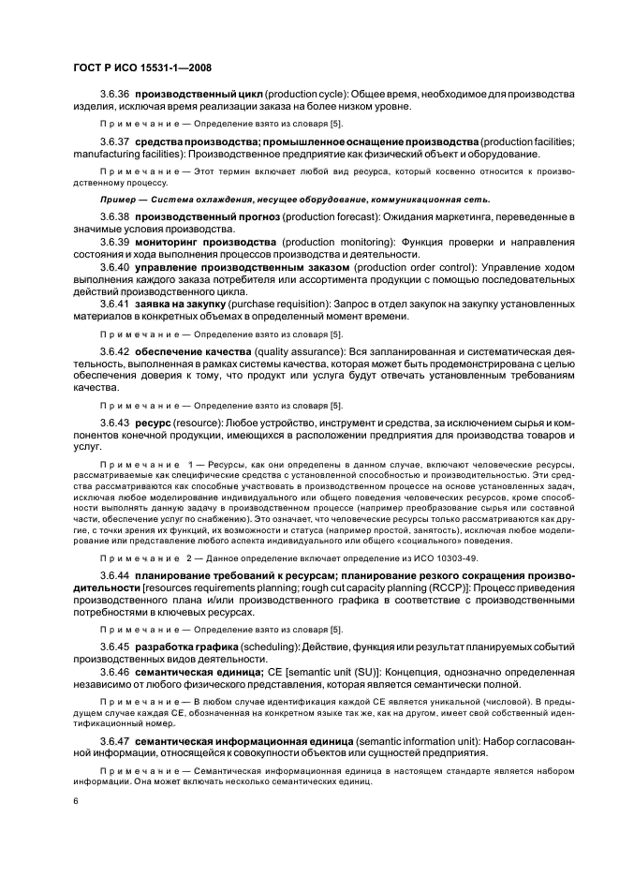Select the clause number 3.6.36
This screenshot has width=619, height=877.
pos(115,96)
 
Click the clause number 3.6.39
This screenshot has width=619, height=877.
pos(115,242)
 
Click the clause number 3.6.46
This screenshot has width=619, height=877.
pos(115,700)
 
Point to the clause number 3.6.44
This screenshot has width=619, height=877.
pos(115,599)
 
